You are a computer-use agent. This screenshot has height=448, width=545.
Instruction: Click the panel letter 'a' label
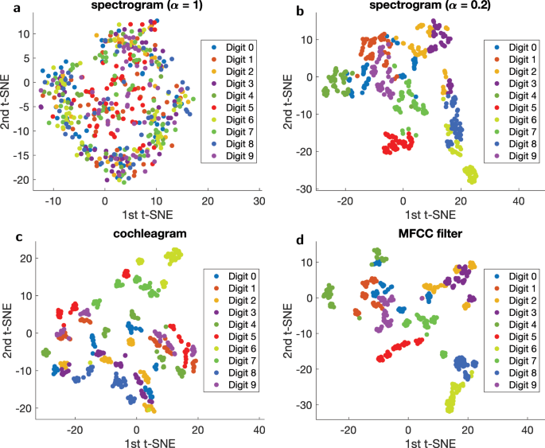(x=6, y=6)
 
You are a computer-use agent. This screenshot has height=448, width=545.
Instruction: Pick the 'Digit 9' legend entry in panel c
(x=236, y=386)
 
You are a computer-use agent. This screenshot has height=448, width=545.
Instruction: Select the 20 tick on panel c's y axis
(x=26, y=258)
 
